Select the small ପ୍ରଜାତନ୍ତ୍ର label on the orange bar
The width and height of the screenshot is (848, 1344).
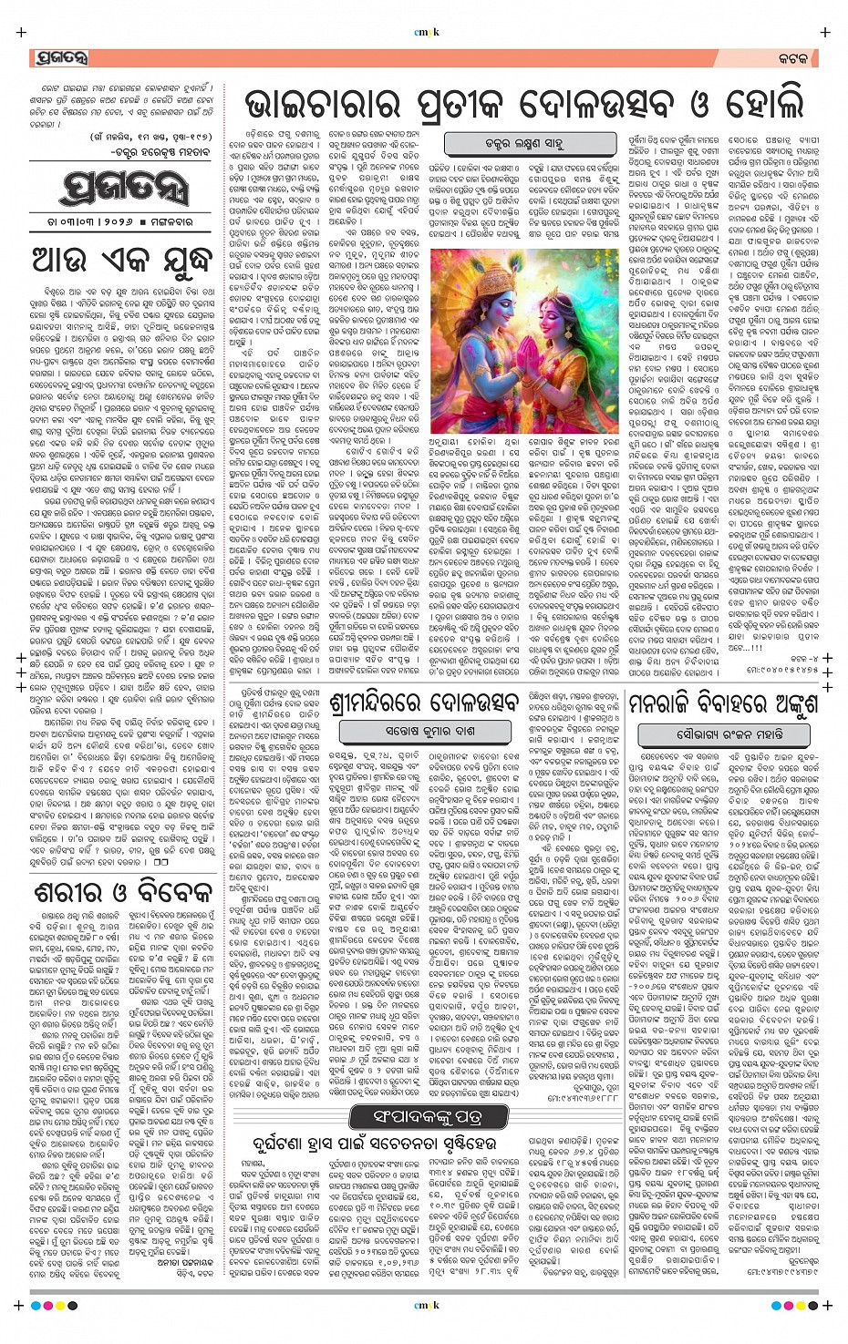pyautogui.click(x=62, y=57)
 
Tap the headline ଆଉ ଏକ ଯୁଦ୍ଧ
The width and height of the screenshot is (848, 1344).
pyautogui.click(x=121, y=260)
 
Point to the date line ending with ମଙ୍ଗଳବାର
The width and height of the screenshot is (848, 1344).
pyautogui.click(x=121, y=225)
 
